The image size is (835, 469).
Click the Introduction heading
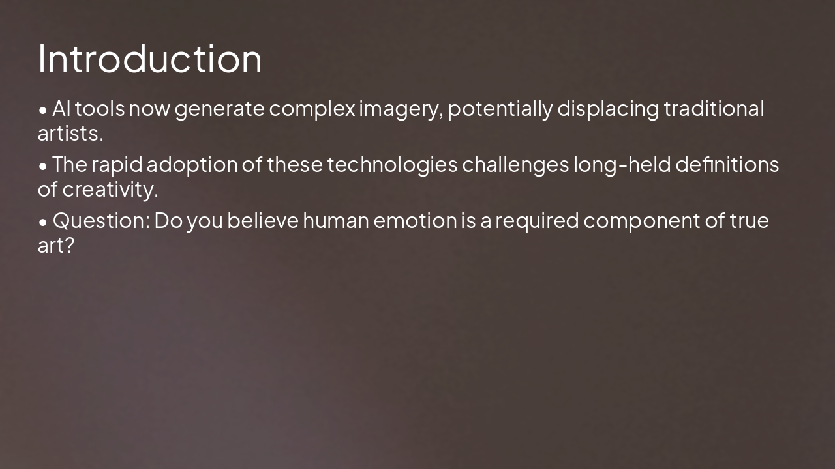click(150, 59)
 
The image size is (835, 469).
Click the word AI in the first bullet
click(61, 109)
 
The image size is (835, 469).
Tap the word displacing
click(608, 109)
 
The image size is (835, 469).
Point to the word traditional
click(714, 109)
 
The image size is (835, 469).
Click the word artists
click(70, 134)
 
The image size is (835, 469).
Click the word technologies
click(392, 165)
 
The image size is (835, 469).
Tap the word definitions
click(727, 165)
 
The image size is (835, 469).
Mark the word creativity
click(110, 190)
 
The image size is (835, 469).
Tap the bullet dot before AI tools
click(43, 110)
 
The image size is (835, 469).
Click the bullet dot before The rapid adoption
click(43, 166)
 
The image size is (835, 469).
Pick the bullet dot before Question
click(43, 222)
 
